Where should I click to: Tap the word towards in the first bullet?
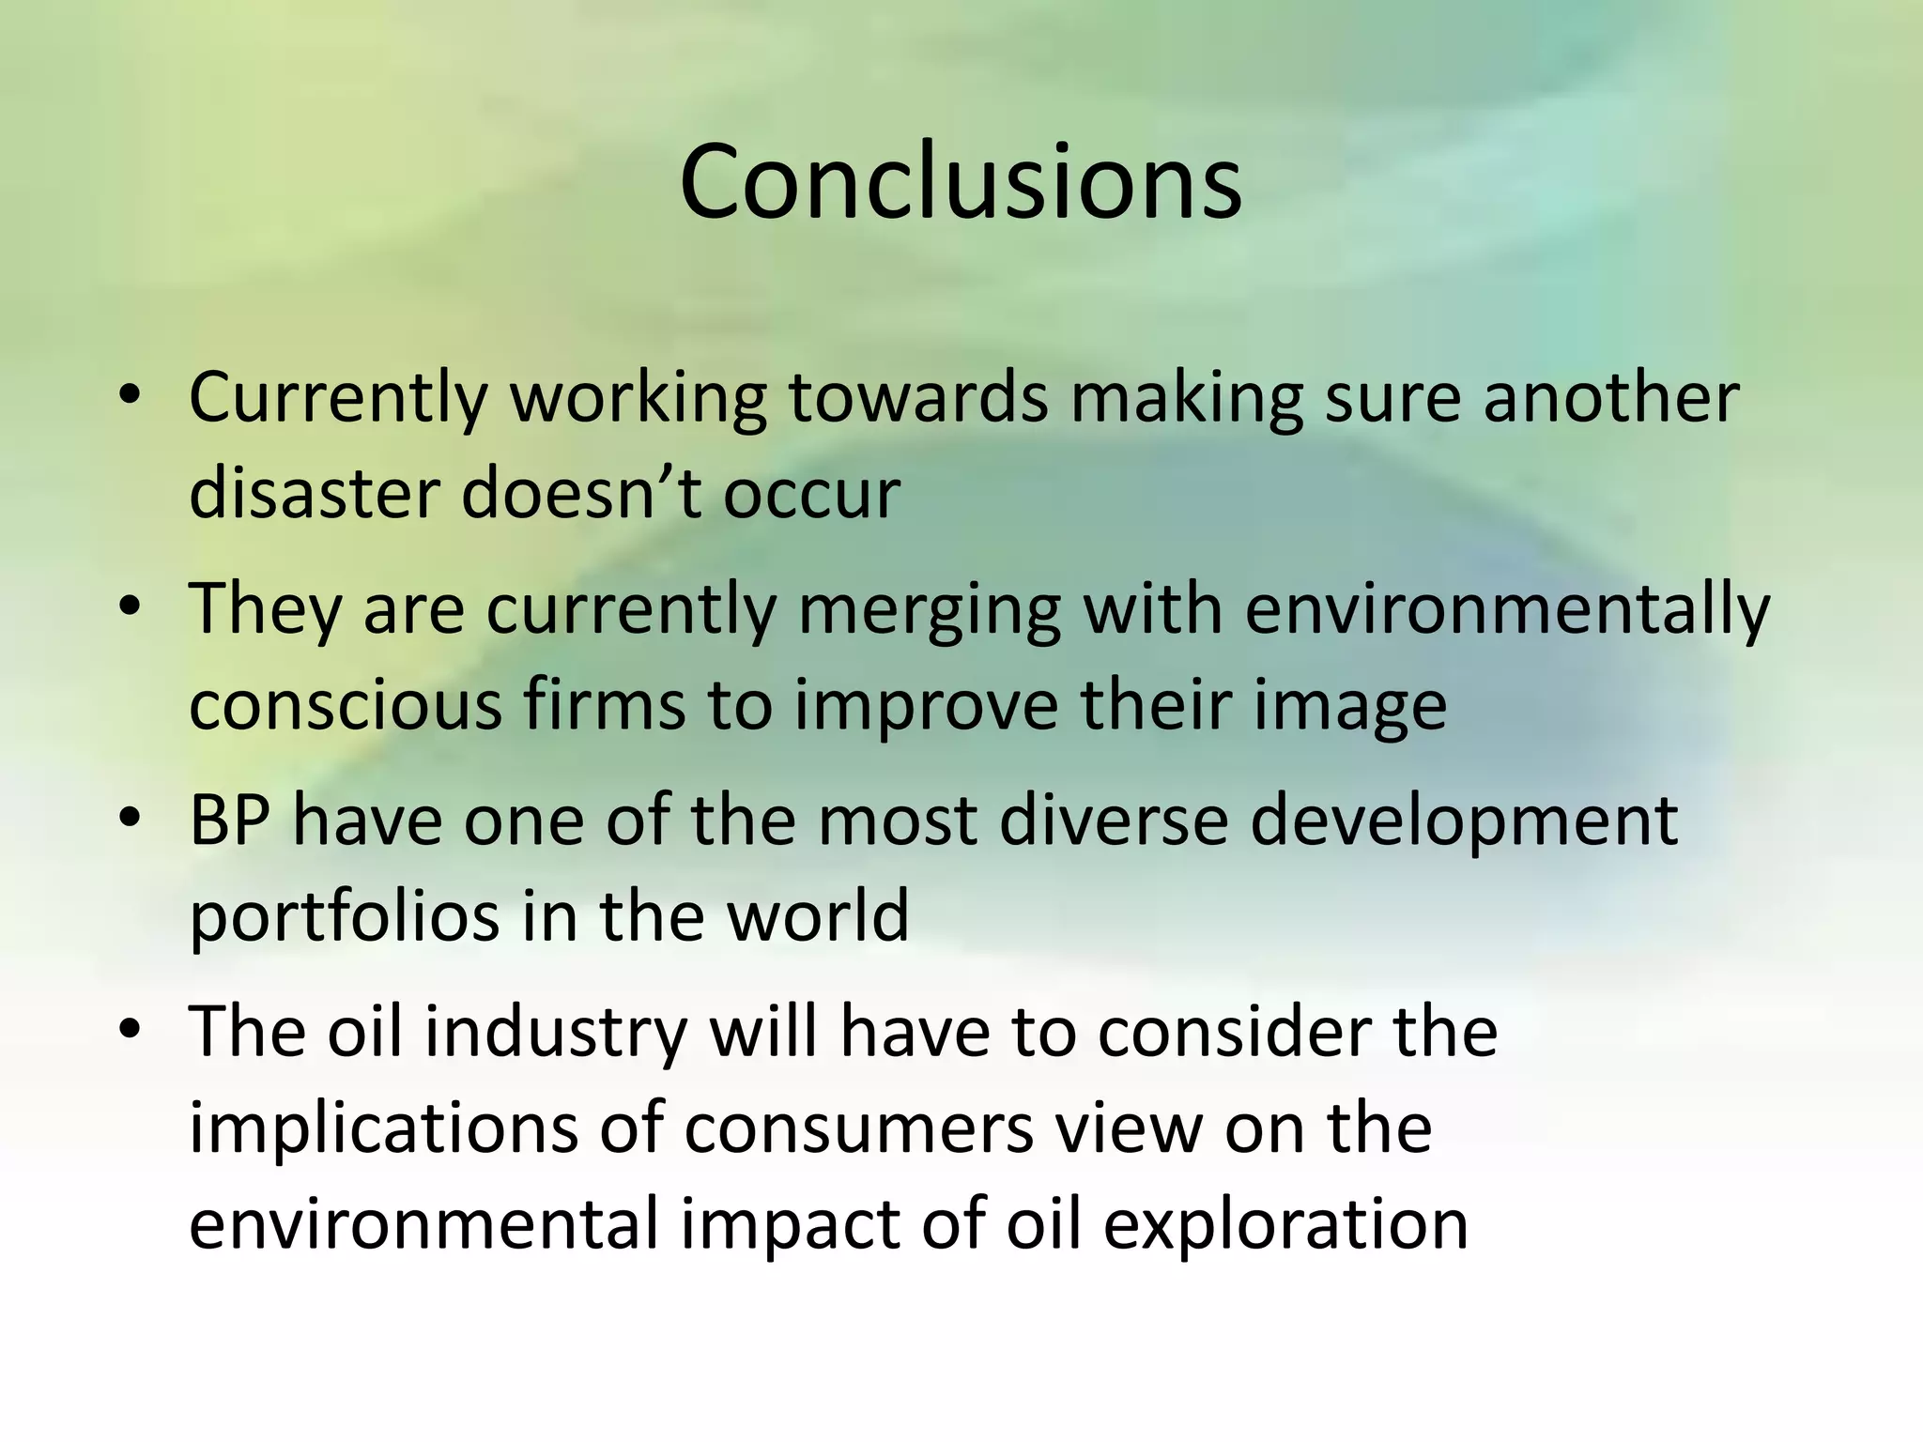(917, 397)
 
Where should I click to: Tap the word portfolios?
(344, 917)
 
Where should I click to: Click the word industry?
(555, 1033)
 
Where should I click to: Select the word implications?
(383, 1128)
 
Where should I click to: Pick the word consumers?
(858, 1130)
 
